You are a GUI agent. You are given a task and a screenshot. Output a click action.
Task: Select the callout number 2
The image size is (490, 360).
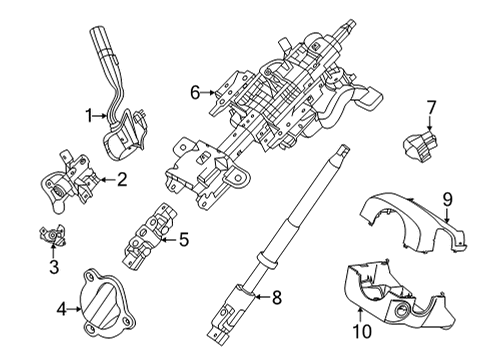[x=121, y=180]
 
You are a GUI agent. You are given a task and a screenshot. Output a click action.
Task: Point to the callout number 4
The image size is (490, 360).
[x=62, y=310]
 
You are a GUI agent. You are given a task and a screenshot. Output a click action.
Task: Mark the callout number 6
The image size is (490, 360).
[x=196, y=93]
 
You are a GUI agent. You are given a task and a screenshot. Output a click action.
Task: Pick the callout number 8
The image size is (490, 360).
[x=278, y=296]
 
